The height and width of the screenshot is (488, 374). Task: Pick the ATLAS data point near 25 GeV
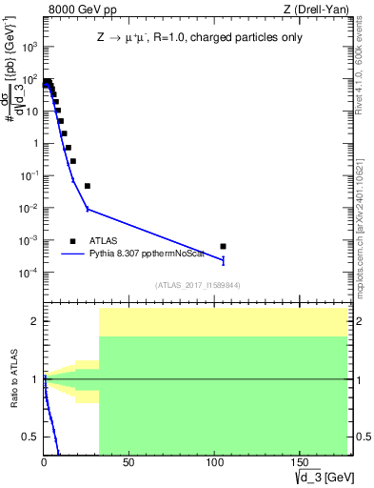pyautogui.click(x=88, y=186)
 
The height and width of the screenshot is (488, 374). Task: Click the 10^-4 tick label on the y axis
pyautogui.click(x=28, y=273)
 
